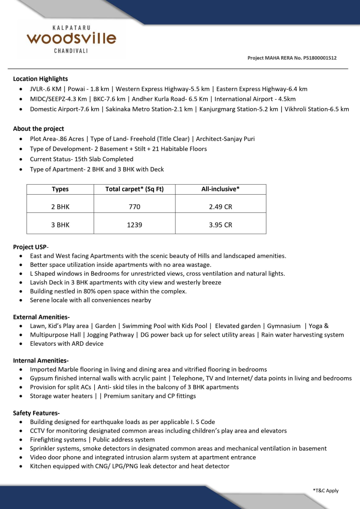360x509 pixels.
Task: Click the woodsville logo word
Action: [72, 38]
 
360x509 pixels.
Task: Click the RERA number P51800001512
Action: [320, 58]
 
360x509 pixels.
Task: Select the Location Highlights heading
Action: [40, 79]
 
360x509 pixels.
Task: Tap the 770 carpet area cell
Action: [134, 207]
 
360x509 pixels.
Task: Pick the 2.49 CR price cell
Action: [221, 207]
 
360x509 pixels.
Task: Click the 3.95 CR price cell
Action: [221, 225]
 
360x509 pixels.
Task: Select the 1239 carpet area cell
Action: [134, 225]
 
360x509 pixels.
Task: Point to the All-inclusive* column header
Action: [220, 189]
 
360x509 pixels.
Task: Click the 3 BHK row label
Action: [60, 225]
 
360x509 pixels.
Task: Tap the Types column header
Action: [60, 189]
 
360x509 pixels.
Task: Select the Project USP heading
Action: [31, 247]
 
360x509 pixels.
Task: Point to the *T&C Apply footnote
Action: [326, 491]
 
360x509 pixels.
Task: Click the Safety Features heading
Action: [36, 413]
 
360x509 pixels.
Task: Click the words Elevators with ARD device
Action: [67, 344]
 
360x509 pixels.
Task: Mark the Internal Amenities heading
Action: [41, 360]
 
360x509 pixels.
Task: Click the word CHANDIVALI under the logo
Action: [71, 51]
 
